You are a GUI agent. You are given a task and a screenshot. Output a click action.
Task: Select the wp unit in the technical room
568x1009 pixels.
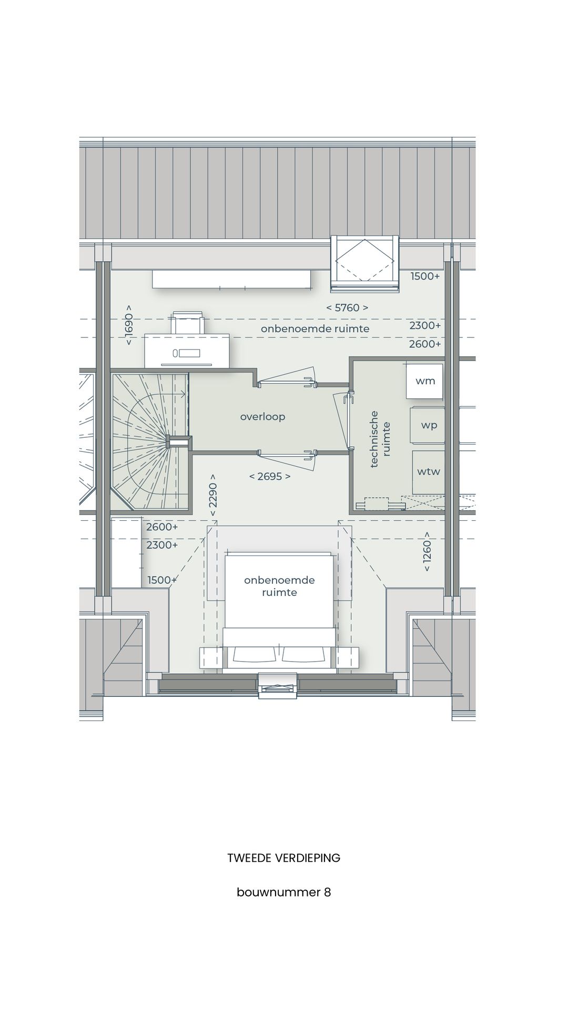(x=428, y=425)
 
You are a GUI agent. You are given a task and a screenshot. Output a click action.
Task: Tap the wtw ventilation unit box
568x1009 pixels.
(x=428, y=471)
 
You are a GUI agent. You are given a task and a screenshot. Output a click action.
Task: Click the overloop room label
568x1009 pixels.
(x=262, y=417)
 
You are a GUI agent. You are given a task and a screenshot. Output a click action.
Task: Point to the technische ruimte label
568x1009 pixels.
(x=380, y=439)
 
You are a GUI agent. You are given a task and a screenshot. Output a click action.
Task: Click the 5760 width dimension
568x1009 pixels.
(x=347, y=308)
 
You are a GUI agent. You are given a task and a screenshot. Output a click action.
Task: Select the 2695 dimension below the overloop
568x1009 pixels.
(x=269, y=477)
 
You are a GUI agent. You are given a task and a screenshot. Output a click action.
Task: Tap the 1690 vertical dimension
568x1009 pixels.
(x=129, y=325)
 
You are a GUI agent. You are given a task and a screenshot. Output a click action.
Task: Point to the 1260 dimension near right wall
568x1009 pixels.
(x=427, y=552)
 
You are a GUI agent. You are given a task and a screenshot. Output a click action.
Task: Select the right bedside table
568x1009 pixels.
(x=348, y=657)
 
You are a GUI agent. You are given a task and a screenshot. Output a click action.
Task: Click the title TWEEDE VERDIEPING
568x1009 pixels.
(x=283, y=858)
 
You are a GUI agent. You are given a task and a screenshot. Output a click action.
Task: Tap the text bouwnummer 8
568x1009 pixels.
(x=283, y=892)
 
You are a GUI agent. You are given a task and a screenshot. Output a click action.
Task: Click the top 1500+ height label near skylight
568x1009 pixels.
(x=425, y=276)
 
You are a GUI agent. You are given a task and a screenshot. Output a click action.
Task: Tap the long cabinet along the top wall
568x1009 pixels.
(x=231, y=279)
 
